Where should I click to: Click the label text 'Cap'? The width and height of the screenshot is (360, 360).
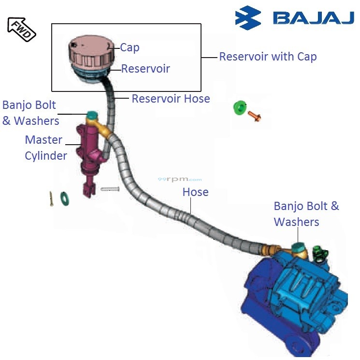130,47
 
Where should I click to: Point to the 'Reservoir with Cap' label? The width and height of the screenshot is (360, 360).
268,57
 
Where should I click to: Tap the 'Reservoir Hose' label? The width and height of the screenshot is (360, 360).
171,99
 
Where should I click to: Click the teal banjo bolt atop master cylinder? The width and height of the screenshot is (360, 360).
92,116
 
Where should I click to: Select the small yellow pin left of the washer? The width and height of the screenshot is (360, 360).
51,198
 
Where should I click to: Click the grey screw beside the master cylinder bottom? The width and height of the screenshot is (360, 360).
110,189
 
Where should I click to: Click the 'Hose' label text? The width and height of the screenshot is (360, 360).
195,192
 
